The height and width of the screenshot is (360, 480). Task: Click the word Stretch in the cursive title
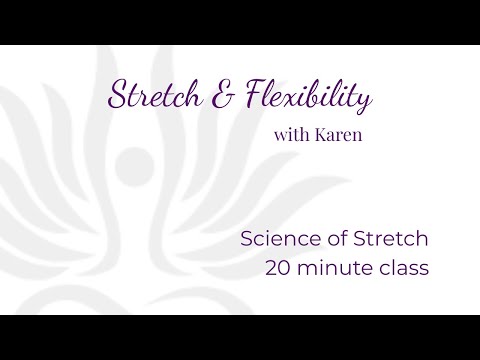(x=155, y=95)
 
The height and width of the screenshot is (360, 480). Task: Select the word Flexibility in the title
(x=309, y=96)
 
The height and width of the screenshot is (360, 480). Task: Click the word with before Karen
(x=292, y=135)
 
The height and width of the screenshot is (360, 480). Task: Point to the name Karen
(x=338, y=135)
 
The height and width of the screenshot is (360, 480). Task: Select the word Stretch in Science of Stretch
(x=391, y=239)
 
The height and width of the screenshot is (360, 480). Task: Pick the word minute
(x=336, y=268)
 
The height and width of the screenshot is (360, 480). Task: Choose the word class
(x=404, y=268)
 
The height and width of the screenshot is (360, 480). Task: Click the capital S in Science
(x=247, y=239)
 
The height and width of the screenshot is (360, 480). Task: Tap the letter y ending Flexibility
(x=364, y=101)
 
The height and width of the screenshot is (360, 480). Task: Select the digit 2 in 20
(x=272, y=268)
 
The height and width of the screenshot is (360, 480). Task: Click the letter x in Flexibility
(x=299, y=99)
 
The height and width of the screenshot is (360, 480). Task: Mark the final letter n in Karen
(x=357, y=137)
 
